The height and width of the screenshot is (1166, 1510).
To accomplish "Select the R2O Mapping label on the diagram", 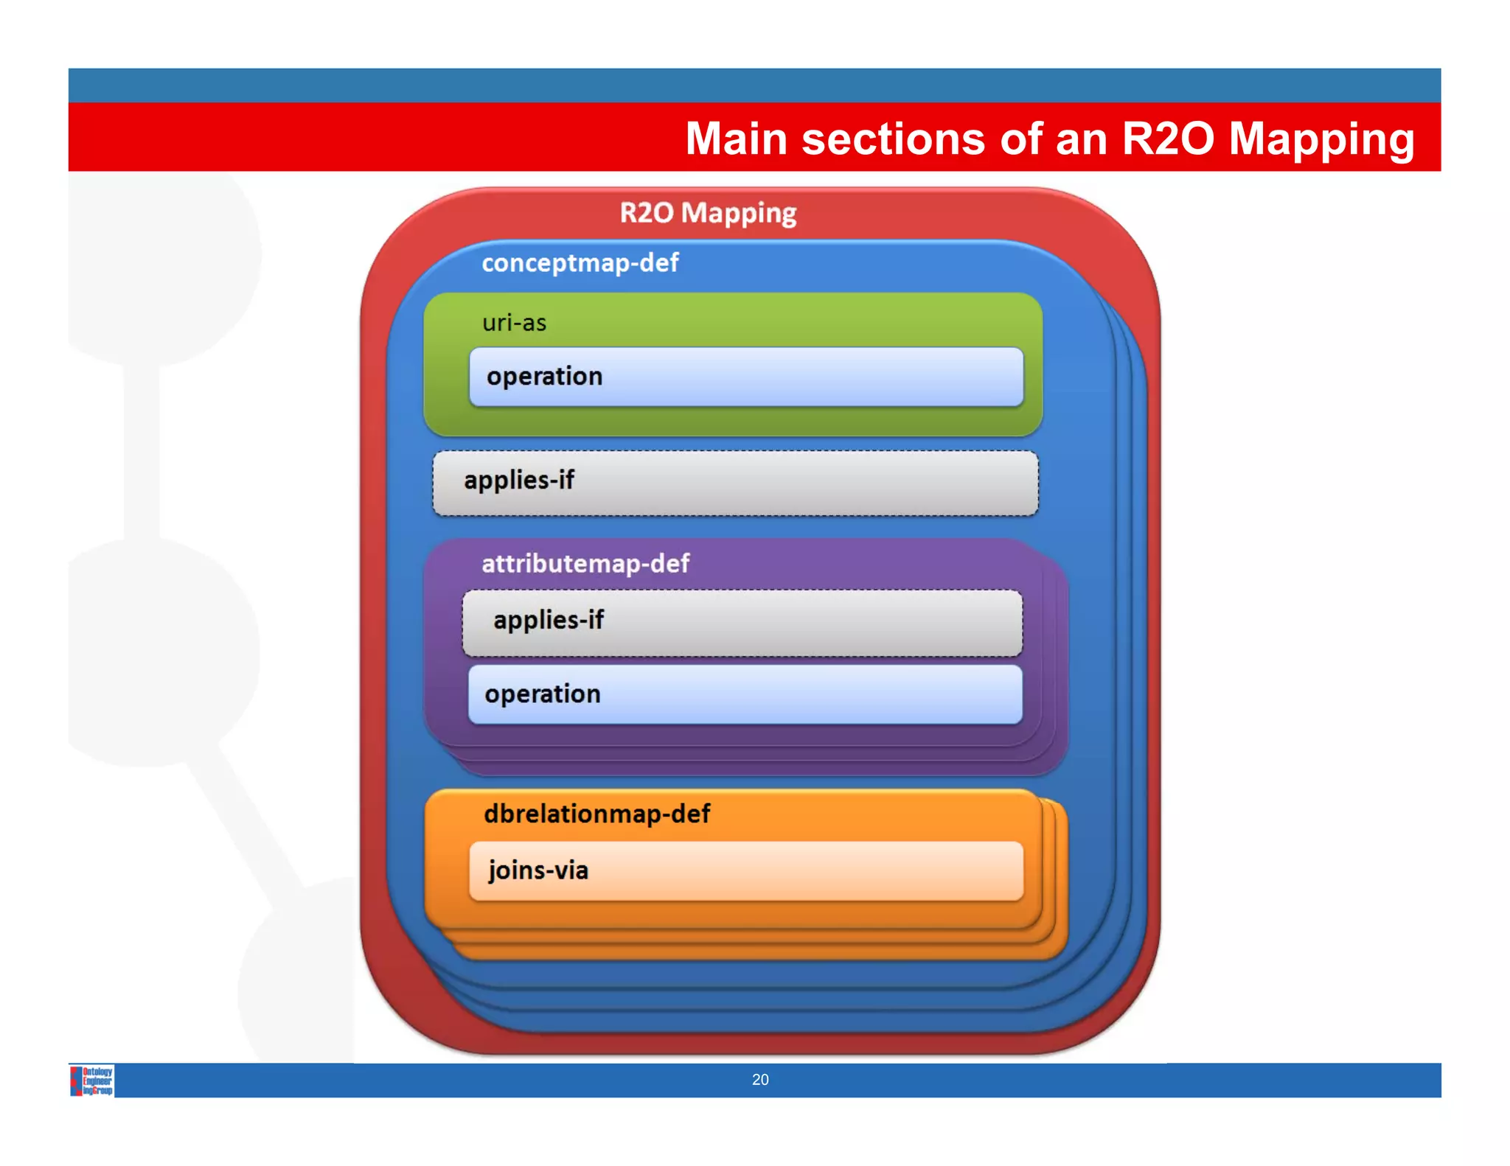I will pyautogui.click(x=708, y=213).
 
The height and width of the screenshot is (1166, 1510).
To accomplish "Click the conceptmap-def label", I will pyautogui.click(x=580, y=263).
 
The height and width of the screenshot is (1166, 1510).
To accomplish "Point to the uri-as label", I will pyautogui.click(x=514, y=323).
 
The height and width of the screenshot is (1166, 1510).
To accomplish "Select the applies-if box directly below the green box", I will pyautogui.click(x=735, y=483).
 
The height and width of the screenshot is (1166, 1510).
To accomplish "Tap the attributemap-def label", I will pyautogui.click(x=585, y=564).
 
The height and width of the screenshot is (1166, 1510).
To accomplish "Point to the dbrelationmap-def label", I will pyautogui.click(x=596, y=814).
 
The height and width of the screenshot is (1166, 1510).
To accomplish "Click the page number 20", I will pyautogui.click(x=760, y=1080).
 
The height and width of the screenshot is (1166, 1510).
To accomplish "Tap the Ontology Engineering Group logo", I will pyautogui.click(x=92, y=1081).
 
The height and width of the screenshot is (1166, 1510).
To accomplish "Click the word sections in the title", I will pyautogui.click(x=893, y=139).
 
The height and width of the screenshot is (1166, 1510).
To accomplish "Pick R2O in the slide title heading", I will pyautogui.click(x=1167, y=139).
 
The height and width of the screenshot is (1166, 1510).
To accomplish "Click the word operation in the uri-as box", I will pyautogui.click(x=544, y=377).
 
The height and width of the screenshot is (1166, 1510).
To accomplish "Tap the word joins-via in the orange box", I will pyautogui.click(x=537, y=870).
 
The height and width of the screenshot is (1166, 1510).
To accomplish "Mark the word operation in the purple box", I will pyautogui.click(x=542, y=694).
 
